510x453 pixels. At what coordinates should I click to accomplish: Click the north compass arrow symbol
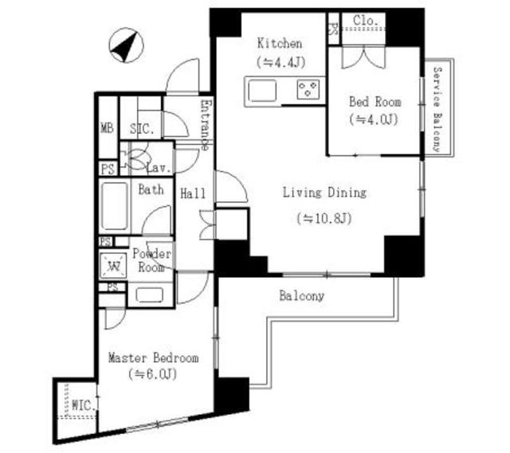tap(126, 45)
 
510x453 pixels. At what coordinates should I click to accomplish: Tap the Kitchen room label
tap(280, 43)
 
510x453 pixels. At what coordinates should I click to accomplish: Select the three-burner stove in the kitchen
tap(308, 90)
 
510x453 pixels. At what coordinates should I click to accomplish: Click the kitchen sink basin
tap(262, 91)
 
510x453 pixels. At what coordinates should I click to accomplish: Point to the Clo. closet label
tap(366, 21)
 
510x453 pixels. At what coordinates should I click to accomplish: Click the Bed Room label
tap(375, 102)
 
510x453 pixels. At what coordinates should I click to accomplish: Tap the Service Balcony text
tap(437, 110)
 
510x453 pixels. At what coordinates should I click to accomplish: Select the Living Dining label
tap(324, 193)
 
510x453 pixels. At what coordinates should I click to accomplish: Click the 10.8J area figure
tap(324, 218)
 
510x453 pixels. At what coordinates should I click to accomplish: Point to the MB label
tap(107, 127)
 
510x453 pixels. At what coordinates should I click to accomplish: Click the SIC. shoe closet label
tap(142, 129)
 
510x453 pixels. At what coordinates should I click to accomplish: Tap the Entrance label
tap(206, 125)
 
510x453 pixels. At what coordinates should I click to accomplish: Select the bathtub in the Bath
tap(114, 206)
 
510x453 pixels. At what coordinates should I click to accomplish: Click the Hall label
tap(193, 193)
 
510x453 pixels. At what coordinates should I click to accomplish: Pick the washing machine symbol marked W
tap(113, 265)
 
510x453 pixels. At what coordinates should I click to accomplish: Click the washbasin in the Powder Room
tap(149, 295)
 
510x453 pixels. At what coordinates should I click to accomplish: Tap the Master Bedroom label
tap(153, 358)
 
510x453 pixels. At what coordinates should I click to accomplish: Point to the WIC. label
tap(84, 405)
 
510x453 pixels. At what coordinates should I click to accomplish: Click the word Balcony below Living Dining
tap(301, 296)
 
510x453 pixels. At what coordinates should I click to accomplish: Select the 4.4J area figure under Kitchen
tap(281, 62)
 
